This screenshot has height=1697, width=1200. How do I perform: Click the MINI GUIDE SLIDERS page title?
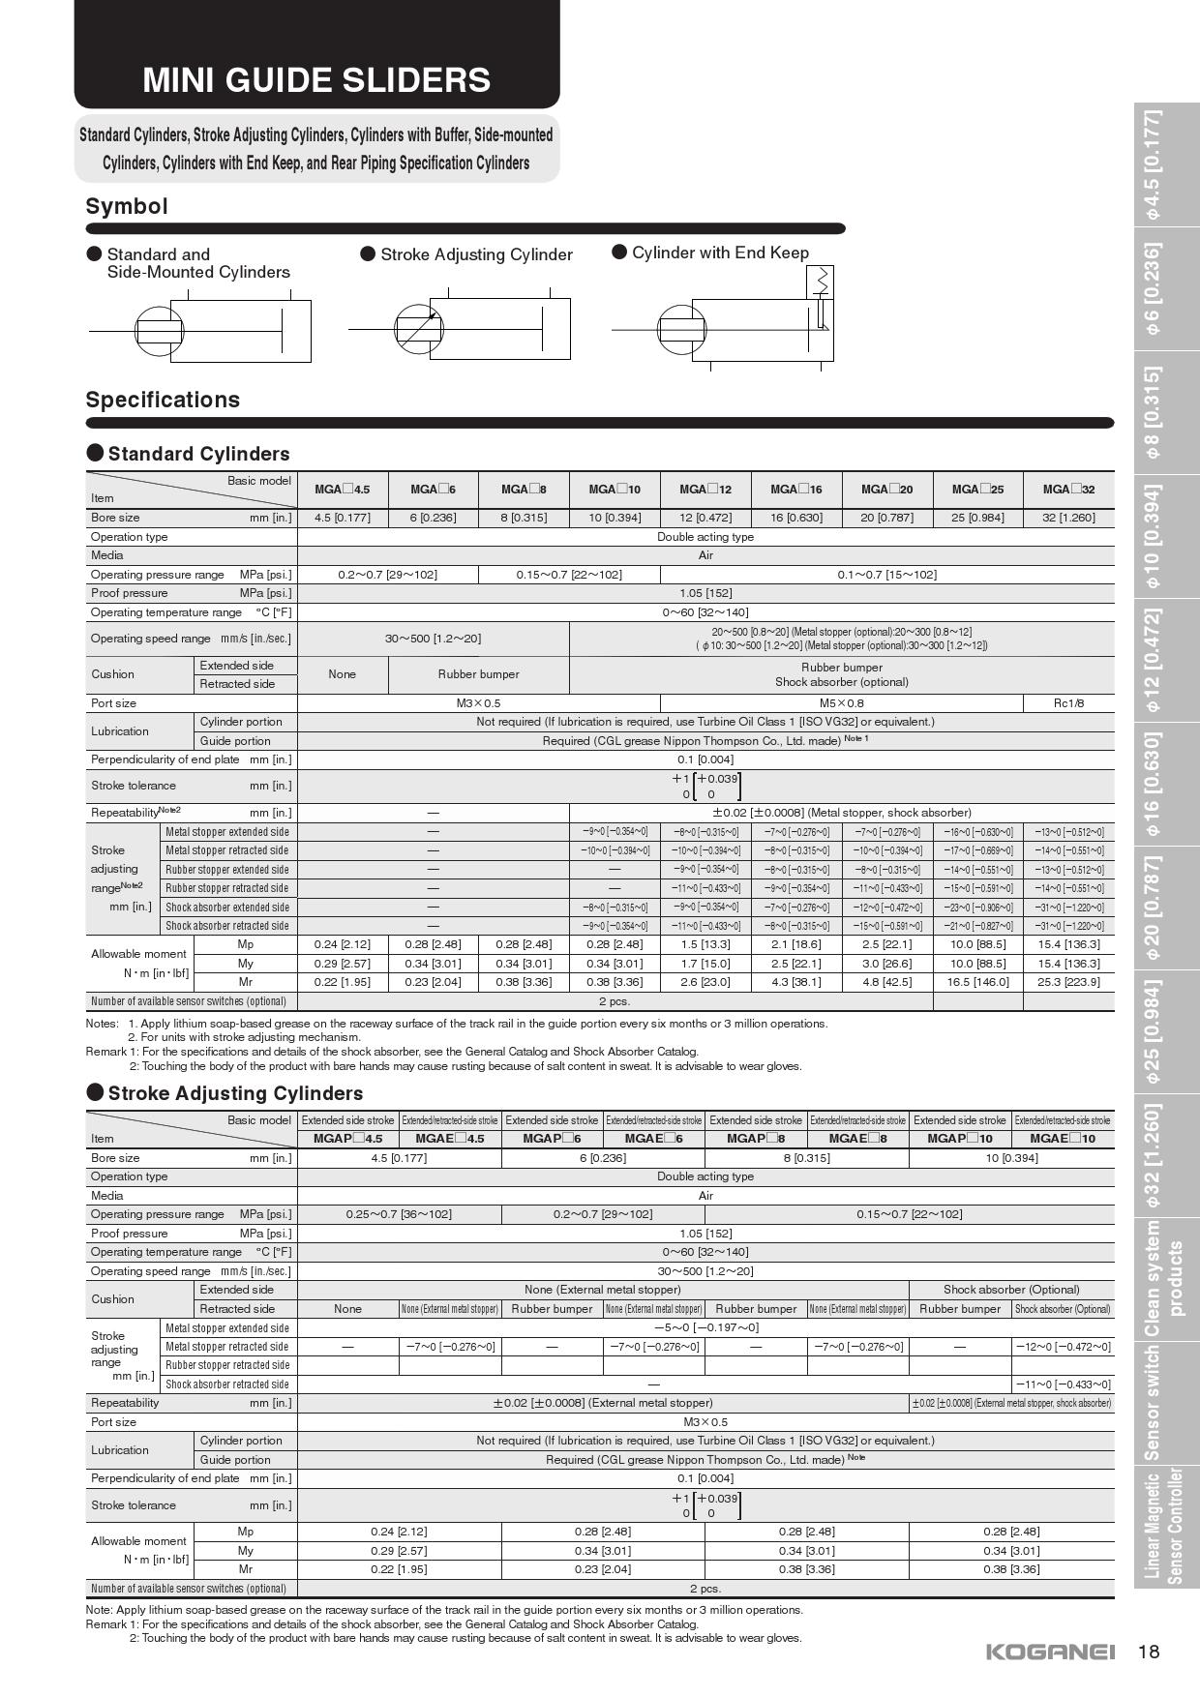tap(316, 79)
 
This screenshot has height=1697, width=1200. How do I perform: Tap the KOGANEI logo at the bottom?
tap(1050, 1652)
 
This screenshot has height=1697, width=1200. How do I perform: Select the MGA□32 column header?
tap(1068, 490)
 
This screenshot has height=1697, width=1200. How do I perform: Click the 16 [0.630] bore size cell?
tap(796, 518)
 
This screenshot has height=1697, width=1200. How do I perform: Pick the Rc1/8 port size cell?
tap(1068, 703)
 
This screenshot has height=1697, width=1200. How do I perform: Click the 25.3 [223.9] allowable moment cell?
tap(1068, 982)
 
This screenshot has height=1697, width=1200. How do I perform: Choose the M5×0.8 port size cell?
tap(841, 703)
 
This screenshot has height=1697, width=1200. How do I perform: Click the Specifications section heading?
tap(163, 400)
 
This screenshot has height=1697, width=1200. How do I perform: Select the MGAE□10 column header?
tap(1063, 1139)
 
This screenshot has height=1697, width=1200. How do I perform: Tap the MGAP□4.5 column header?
tap(347, 1139)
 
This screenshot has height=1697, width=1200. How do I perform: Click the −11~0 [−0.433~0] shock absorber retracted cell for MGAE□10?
tap(1063, 1384)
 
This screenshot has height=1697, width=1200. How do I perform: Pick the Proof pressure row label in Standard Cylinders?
tap(130, 593)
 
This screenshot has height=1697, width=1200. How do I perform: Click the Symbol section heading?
tap(127, 206)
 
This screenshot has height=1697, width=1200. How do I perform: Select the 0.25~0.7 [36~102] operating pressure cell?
tap(399, 1214)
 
